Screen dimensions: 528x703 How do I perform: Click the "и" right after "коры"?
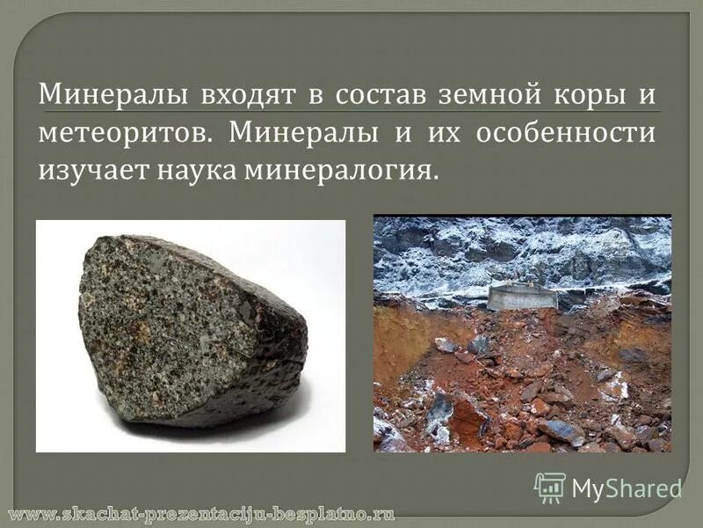649,94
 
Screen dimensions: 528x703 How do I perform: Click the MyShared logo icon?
549,487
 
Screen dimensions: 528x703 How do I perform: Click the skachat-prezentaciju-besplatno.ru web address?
202,513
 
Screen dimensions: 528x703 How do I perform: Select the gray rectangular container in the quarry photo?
522,297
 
